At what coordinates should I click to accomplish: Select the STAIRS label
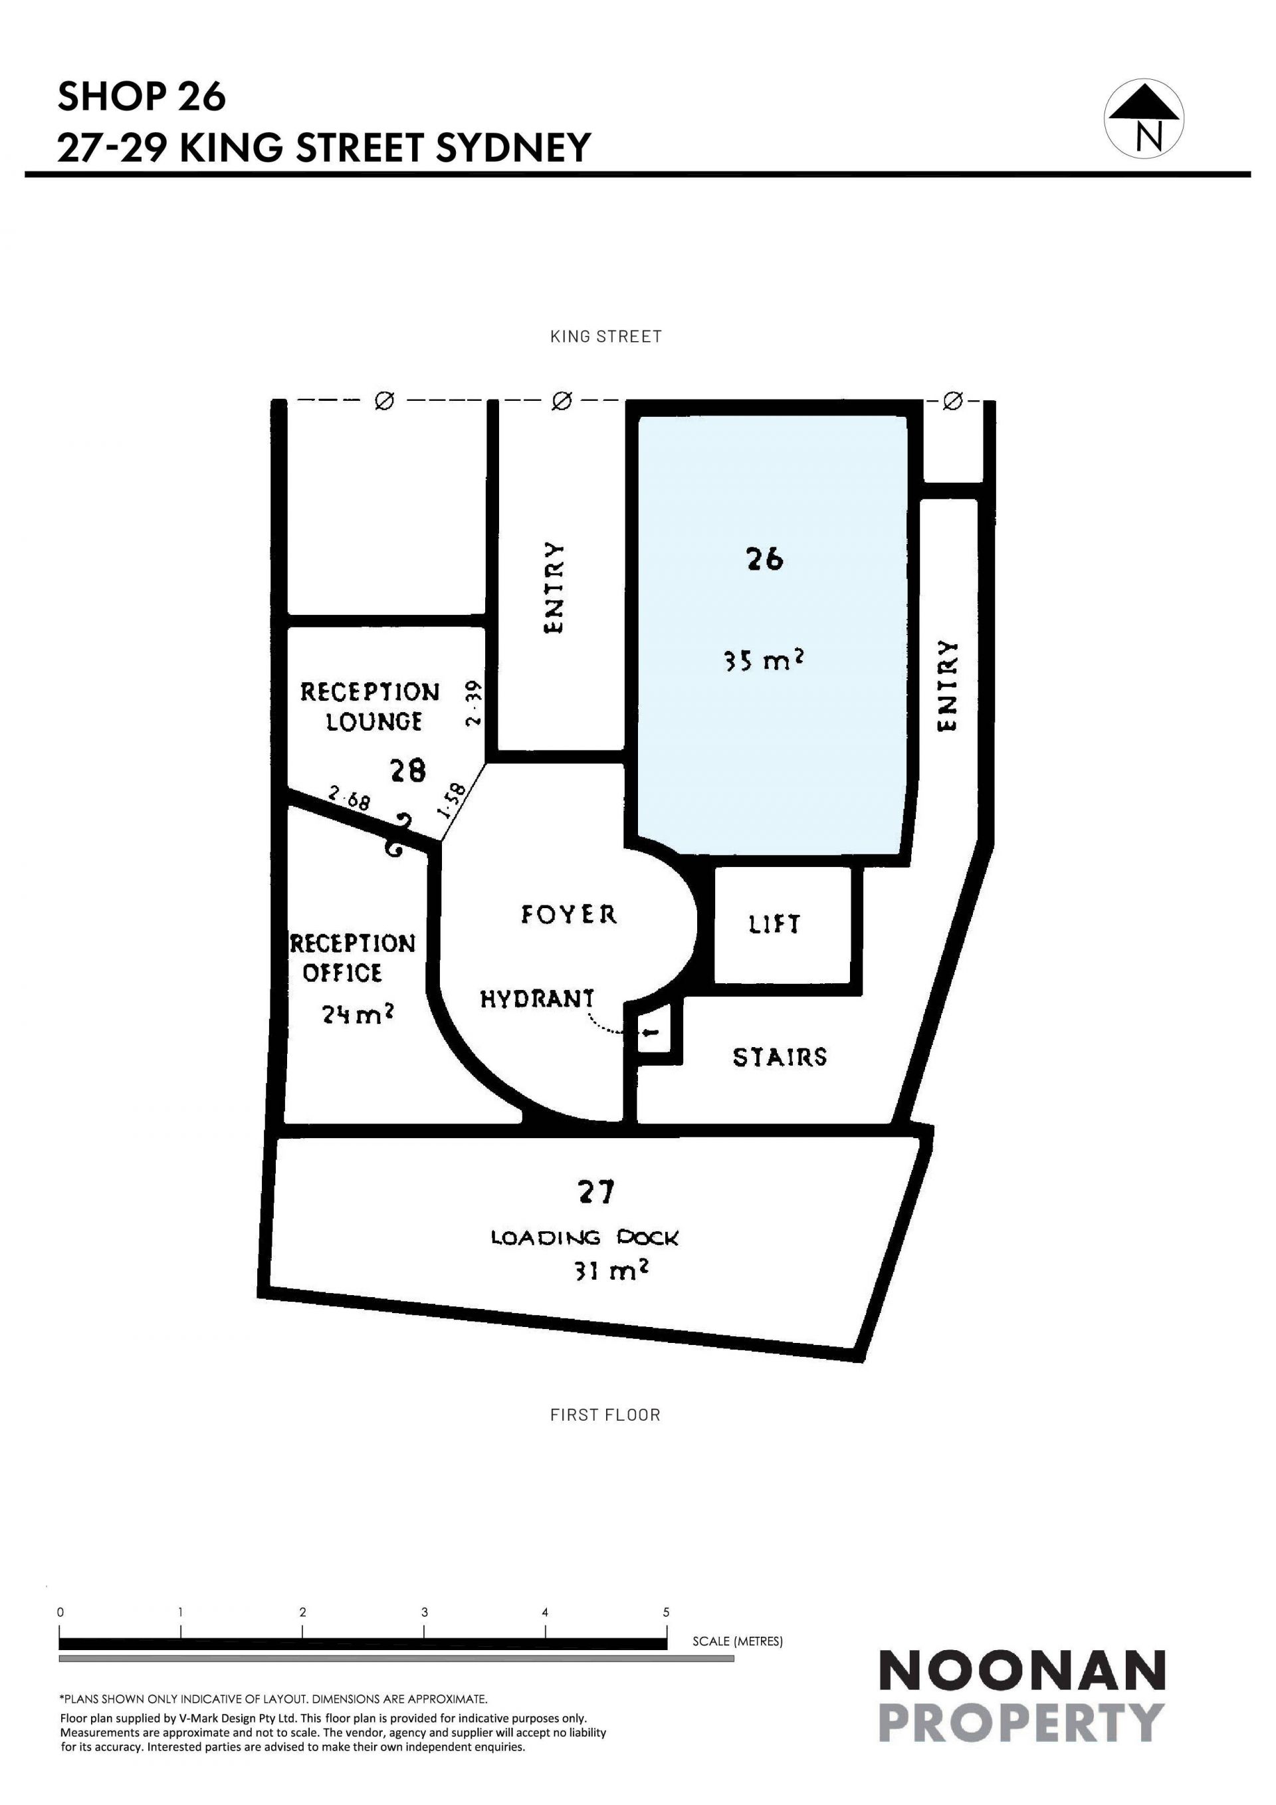[x=780, y=1057]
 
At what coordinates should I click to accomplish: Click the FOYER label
[x=569, y=914]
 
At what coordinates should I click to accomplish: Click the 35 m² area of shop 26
[x=764, y=660]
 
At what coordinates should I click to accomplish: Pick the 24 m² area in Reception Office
[x=358, y=1014]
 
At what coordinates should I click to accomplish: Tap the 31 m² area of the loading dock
[x=611, y=1271]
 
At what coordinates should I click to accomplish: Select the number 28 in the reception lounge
[x=408, y=770]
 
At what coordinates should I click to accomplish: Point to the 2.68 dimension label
[x=349, y=800]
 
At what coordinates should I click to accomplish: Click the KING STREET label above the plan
[x=606, y=336]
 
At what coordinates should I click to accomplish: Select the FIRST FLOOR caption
[x=605, y=1415]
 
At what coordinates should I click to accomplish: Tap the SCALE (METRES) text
[x=738, y=1641]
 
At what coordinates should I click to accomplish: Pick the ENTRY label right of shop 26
[x=948, y=685]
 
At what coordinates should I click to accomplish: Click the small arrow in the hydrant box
[x=651, y=1034]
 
